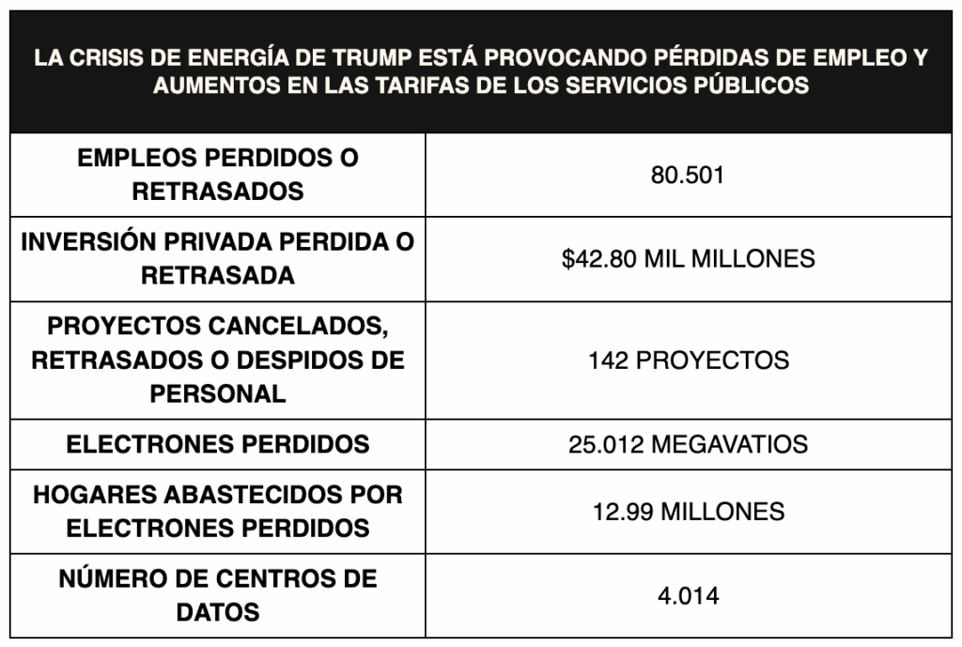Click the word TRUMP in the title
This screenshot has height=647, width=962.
372,57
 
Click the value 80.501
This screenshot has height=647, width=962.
688,176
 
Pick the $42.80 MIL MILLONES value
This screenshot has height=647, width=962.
689,259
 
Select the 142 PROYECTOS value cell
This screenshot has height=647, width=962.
689,361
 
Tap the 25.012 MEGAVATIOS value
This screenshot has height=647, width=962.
689,444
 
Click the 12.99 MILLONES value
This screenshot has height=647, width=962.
689,512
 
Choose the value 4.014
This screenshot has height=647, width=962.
689,595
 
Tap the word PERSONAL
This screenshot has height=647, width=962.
218,393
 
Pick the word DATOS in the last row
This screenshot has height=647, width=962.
218,612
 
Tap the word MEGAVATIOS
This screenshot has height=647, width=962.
729,444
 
